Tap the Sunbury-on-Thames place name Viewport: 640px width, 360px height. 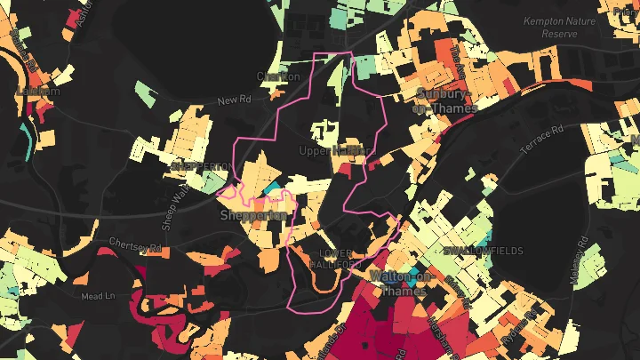(446, 100)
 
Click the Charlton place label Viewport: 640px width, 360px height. (277, 76)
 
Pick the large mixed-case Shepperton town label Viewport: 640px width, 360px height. (253, 216)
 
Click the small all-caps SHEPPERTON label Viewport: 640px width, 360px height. (198, 166)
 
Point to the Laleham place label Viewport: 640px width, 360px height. (37, 91)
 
